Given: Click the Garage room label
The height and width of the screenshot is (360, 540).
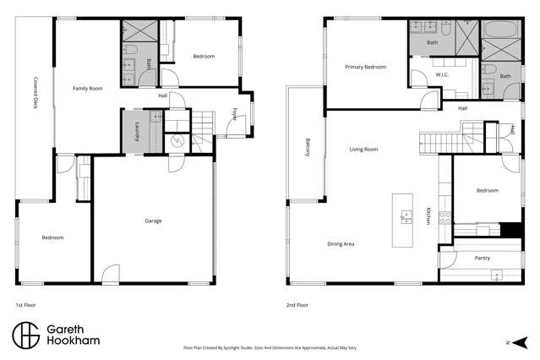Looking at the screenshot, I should [x=153, y=221].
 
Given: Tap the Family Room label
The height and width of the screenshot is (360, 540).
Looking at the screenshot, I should [x=87, y=88].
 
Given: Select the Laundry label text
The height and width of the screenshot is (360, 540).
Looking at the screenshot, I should [x=137, y=133].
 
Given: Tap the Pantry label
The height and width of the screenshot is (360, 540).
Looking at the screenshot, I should [x=483, y=258].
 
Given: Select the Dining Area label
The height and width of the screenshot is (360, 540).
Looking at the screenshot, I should [x=341, y=244].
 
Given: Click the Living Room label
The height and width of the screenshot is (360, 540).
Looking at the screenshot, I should [x=363, y=150].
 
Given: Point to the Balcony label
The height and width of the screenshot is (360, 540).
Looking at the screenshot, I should [x=308, y=148].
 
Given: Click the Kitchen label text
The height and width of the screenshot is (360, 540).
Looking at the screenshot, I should [x=428, y=215].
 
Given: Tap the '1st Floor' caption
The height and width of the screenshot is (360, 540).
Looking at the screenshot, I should [x=25, y=304].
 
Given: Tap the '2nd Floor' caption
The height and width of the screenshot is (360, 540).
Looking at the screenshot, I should [x=297, y=304].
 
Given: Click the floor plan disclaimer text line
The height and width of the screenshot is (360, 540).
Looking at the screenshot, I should [x=270, y=346].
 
